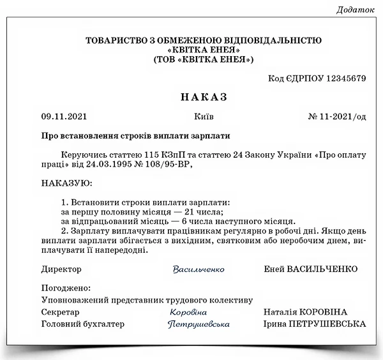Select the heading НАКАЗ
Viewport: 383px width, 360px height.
204,97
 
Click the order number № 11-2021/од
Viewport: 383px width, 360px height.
337,117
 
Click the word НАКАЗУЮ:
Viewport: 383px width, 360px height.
66,183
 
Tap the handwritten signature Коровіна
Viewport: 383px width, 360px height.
188,312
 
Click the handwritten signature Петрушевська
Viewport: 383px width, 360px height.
199,324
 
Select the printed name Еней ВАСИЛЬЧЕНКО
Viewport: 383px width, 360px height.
310,269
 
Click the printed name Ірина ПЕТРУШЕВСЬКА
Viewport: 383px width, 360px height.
315,324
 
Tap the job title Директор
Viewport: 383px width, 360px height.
61,269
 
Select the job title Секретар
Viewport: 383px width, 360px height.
61,312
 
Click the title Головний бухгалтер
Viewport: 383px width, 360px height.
83,324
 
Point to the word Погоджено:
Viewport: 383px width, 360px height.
66,288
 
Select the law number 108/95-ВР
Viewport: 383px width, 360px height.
168,165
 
